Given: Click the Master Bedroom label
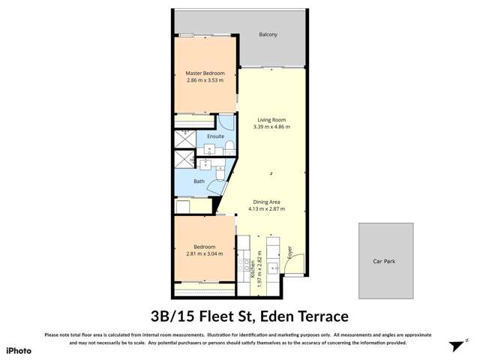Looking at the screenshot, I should [x=205, y=73].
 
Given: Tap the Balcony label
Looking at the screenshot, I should [x=268, y=34].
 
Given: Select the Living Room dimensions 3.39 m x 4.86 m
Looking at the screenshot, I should [x=272, y=127].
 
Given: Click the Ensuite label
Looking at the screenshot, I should [x=205, y=136].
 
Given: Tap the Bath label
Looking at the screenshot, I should [x=199, y=181].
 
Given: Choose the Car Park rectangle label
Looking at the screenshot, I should [x=383, y=262].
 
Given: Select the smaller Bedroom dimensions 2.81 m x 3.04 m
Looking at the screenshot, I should [x=205, y=253].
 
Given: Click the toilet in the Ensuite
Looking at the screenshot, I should [x=232, y=145].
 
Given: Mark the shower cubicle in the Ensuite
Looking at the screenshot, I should [x=184, y=139].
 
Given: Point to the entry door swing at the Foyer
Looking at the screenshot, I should [x=298, y=264].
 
